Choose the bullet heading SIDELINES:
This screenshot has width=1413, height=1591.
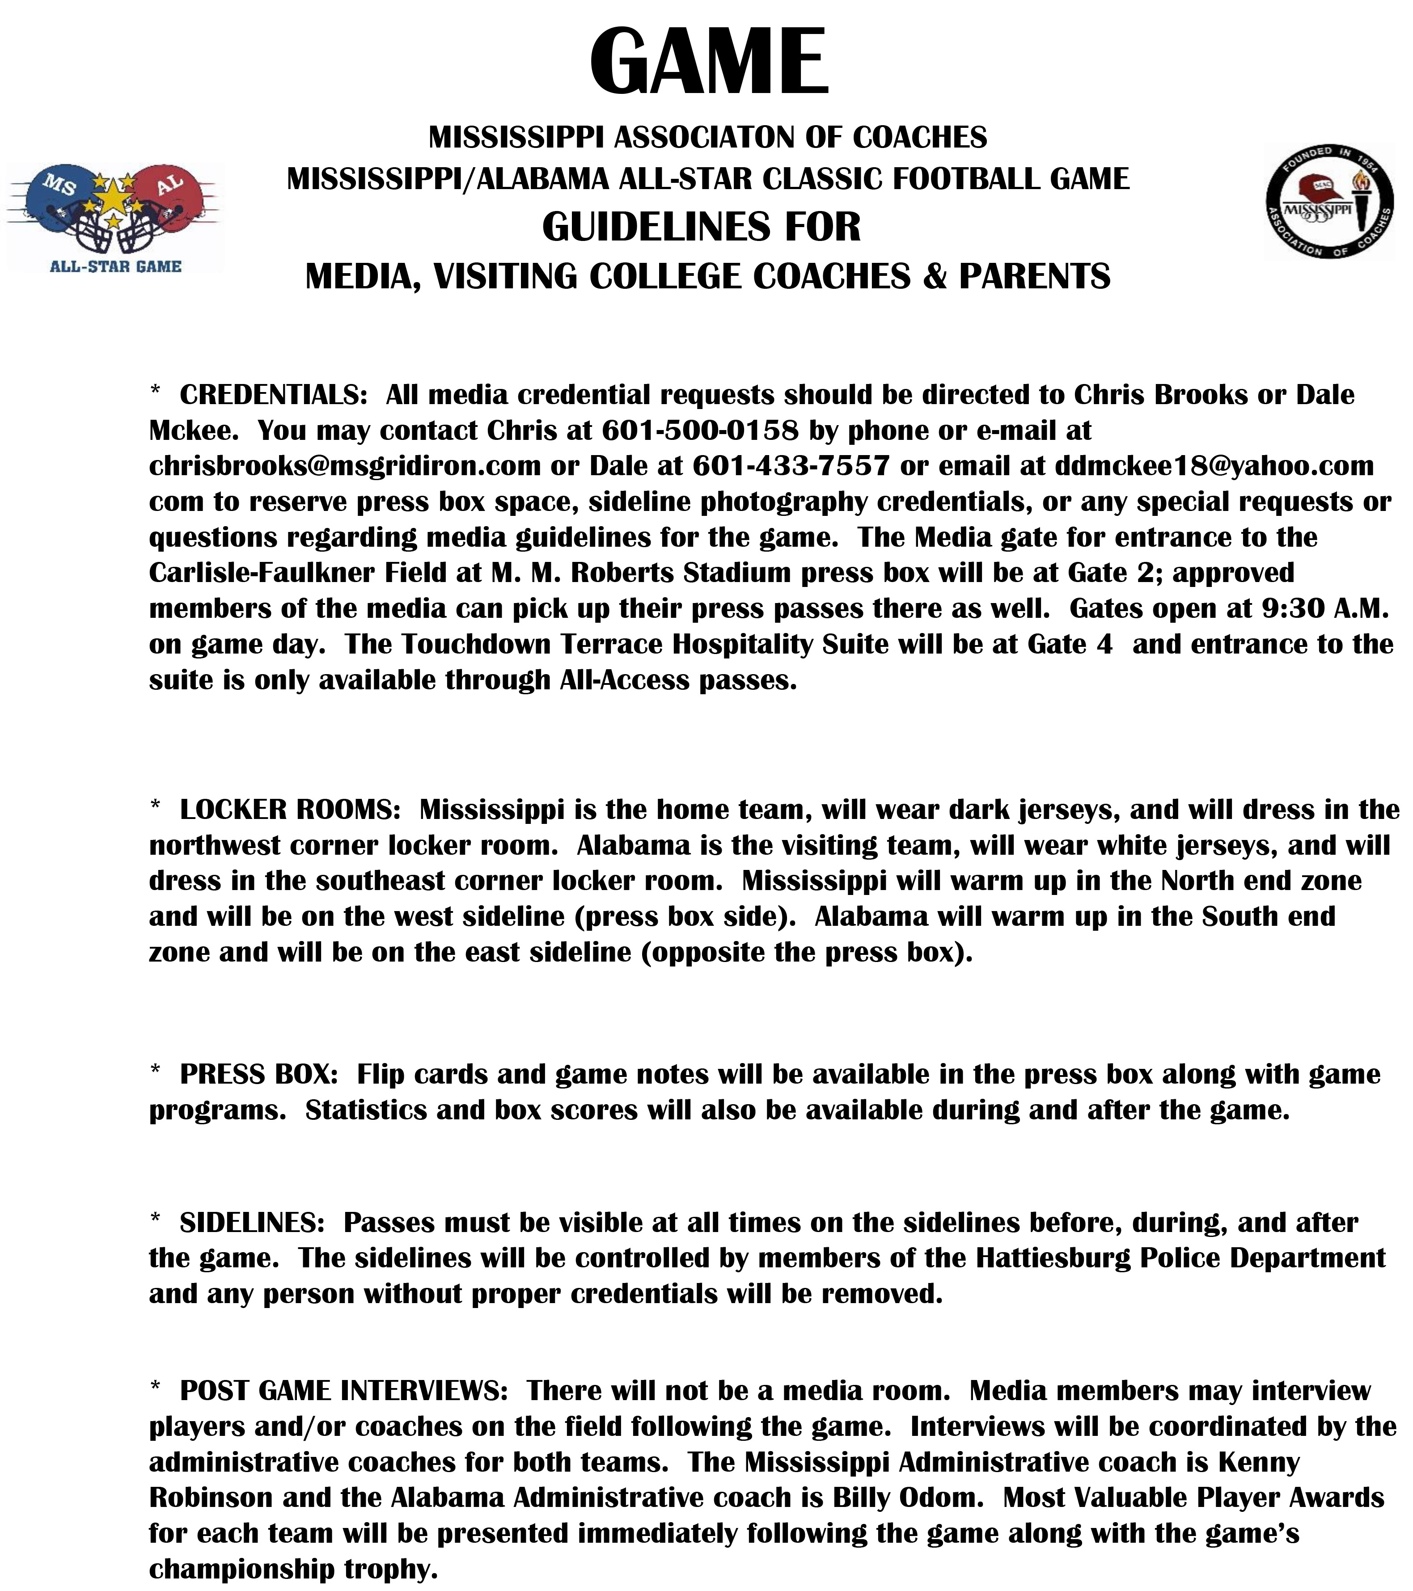[251, 1223]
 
